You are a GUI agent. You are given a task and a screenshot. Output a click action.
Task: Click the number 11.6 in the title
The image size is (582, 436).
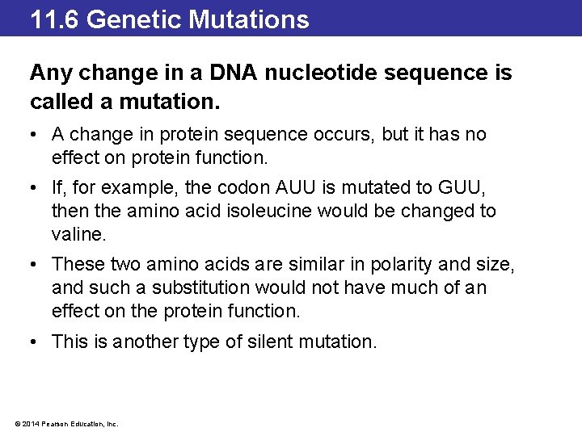click(55, 19)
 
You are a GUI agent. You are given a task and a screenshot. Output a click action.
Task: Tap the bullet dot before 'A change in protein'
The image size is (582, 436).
click(36, 134)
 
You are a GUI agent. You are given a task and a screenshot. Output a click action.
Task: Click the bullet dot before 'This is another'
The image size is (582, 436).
click(36, 342)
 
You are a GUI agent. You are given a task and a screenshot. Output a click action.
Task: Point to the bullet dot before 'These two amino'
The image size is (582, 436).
click(36, 265)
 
